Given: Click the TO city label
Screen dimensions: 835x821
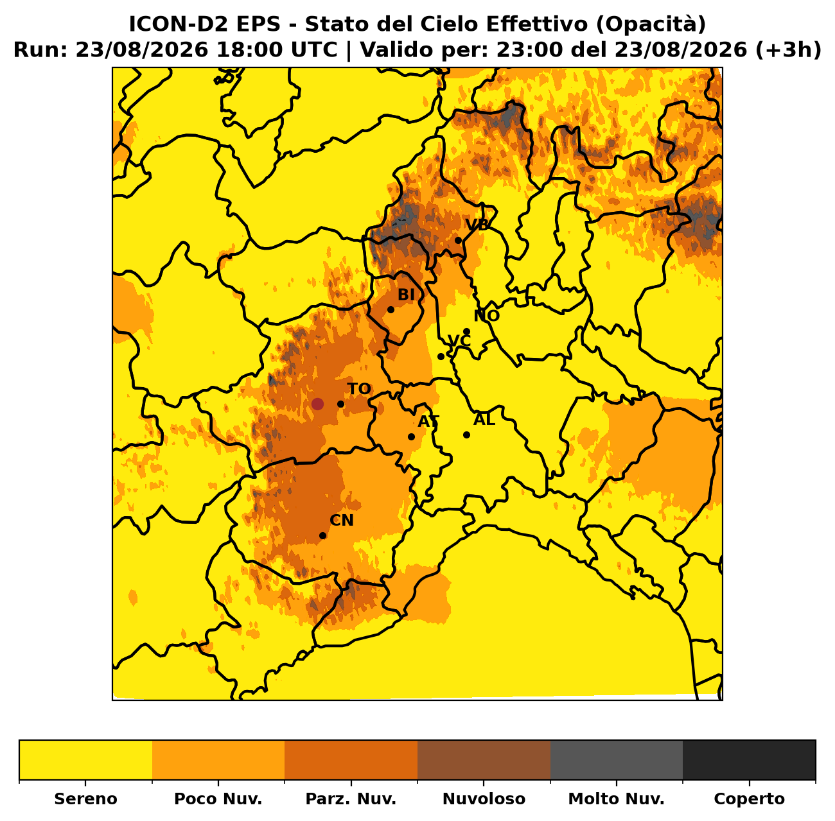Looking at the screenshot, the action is (359, 389).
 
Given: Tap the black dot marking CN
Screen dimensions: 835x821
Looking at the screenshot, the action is (322, 536).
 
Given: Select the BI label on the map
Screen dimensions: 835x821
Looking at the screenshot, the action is (406, 295).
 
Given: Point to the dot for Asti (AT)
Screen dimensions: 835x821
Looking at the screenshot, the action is (411, 436).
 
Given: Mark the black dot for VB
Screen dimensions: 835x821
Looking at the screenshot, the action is (458, 241).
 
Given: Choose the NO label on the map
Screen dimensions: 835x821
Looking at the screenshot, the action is (487, 316).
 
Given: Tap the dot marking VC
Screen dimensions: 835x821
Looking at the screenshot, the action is (441, 356).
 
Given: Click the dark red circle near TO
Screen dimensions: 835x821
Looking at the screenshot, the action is (317, 404).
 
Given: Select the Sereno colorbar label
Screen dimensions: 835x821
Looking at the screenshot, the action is (85, 799).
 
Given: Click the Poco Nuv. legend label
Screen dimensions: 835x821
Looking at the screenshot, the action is (218, 799).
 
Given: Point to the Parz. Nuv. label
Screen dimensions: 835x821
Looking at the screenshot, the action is (351, 799).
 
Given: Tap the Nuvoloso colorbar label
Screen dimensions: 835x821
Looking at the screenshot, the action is (484, 799).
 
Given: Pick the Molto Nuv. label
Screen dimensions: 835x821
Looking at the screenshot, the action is (616, 799).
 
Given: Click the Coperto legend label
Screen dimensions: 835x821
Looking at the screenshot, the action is (749, 799).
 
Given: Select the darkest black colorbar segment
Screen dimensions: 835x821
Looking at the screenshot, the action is (749, 759).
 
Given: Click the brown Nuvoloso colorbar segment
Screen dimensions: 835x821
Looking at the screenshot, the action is (484, 759).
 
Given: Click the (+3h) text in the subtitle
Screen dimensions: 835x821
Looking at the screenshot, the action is (788, 50).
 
